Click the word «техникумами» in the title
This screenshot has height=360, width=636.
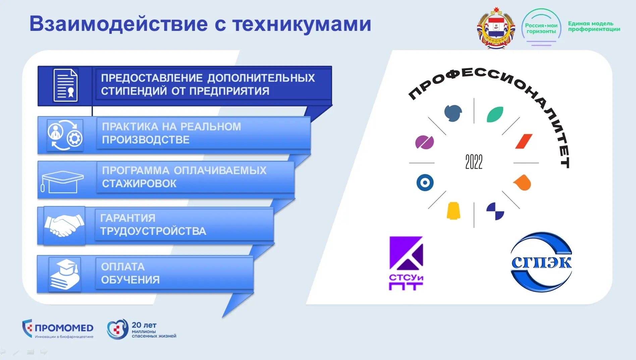(302, 24)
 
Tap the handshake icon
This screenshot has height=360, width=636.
(64, 225)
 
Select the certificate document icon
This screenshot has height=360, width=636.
(66, 85)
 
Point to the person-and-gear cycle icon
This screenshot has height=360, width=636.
(65, 135)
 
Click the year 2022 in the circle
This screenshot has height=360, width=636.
(474, 162)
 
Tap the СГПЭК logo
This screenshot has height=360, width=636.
(541, 262)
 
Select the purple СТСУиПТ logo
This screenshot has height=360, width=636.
(406, 263)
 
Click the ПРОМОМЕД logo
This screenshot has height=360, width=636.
(58, 329)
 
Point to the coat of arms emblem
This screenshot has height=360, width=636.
(496, 28)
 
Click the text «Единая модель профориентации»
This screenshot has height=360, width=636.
(594, 26)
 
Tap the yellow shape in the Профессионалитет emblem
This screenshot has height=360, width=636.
(454, 211)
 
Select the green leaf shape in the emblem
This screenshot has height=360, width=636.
(495, 114)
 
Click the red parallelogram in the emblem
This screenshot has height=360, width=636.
(524, 141)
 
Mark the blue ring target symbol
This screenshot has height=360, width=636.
(425, 183)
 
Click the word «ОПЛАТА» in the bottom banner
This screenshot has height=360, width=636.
(123, 267)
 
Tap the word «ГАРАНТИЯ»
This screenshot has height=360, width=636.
(128, 218)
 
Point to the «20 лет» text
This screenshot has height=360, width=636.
(144, 325)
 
